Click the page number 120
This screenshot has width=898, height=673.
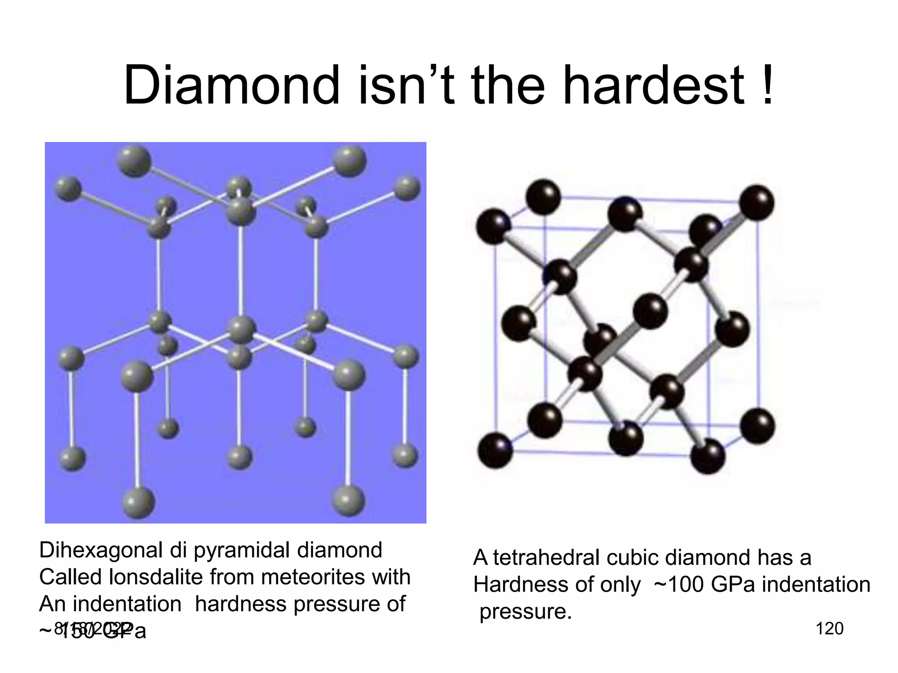tap(829, 629)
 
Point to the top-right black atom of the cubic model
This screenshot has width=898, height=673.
tap(756, 202)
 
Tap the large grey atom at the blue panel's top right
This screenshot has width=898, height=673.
tap(349, 161)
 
